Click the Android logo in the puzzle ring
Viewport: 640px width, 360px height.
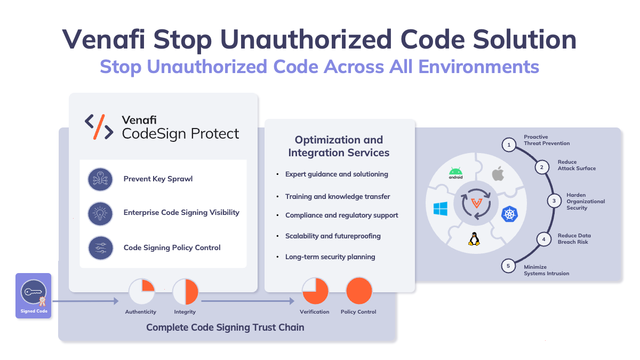click(x=455, y=173)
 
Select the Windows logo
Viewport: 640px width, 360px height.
click(x=441, y=209)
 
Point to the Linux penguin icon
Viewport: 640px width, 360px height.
click(x=474, y=238)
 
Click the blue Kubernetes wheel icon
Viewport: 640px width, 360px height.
click(x=509, y=214)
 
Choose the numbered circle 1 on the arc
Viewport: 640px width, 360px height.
click(x=509, y=145)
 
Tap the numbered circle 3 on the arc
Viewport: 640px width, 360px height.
click(x=554, y=201)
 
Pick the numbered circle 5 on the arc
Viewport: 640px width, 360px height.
click(x=508, y=266)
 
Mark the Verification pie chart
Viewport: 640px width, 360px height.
click(x=315, y=291)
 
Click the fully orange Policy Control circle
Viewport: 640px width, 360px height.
click(x=358, y=291)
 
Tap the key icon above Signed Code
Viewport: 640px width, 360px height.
click(x=33, y=292)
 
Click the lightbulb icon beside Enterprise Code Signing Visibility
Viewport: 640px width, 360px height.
click(x=100, y=212)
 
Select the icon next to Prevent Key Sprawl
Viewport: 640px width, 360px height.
click(x=100, y=179)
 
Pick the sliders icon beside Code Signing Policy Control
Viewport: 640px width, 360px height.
click(x=100, y=248)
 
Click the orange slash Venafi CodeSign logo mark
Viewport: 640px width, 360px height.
click(x=99, y=127)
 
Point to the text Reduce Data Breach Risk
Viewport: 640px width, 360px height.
click(x=574, y=238)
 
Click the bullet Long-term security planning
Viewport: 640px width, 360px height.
click(x=330, y=257)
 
